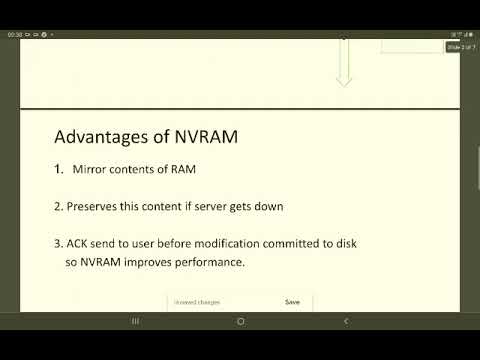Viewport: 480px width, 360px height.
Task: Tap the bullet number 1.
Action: (58, 169)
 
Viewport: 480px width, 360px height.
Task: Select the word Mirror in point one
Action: (91, 169)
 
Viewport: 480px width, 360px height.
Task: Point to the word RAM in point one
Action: (181, 169)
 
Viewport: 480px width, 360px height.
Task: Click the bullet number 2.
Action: (57, 207)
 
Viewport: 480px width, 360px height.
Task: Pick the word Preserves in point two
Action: (93, 207)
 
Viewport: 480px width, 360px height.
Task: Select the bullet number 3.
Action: (57, 244)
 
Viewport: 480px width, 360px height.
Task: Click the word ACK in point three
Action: (79, 244)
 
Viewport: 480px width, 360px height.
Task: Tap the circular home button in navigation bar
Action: (240, 321)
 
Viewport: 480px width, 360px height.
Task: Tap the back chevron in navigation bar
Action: (345, 321)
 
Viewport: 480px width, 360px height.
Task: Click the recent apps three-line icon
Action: (135, 321)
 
